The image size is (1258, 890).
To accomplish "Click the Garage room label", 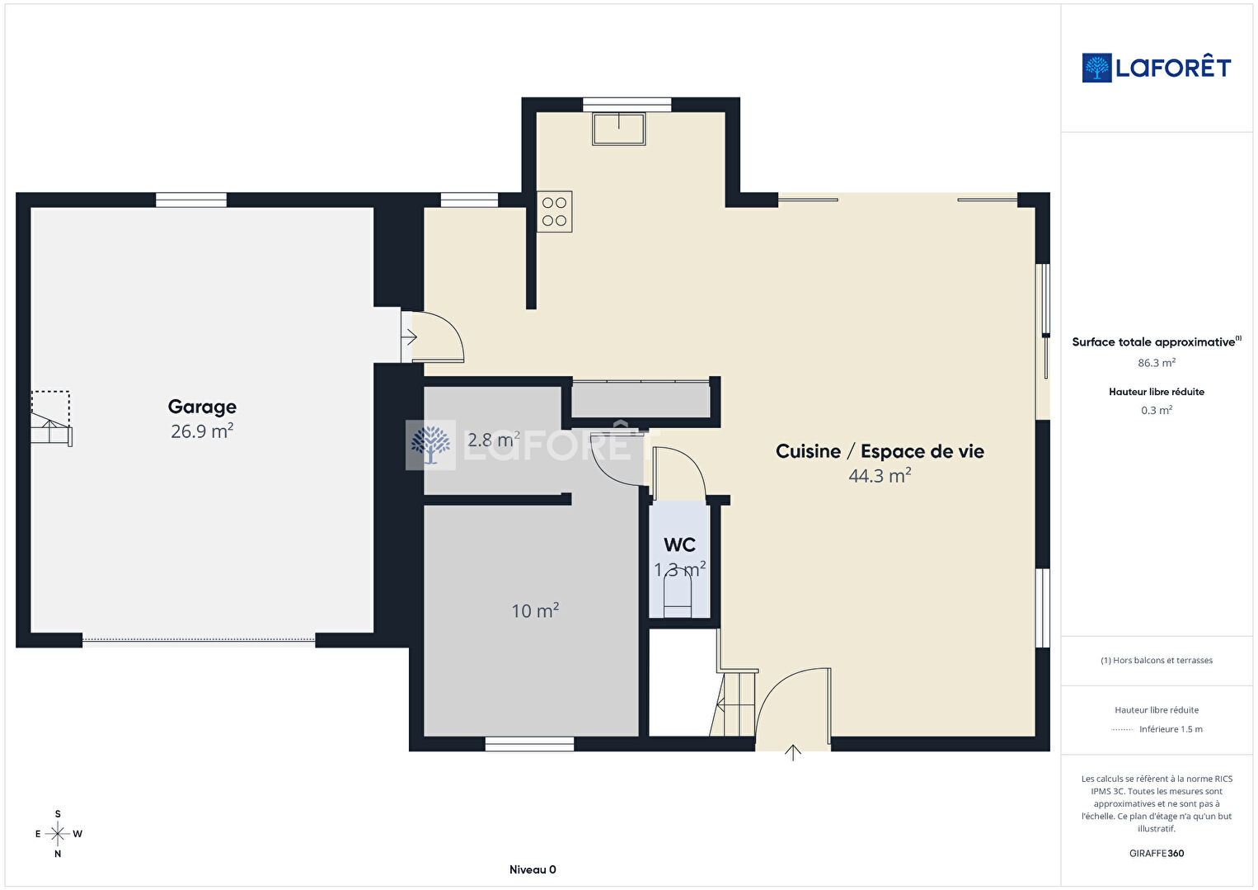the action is coord(202,407).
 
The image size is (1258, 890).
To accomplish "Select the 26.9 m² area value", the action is coord(202,431).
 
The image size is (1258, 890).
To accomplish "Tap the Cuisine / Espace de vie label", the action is coord(880,451).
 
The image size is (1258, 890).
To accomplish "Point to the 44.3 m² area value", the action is coord(880,475).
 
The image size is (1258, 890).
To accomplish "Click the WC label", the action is coord(679,544).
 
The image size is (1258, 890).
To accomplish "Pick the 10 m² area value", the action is coord(535,610).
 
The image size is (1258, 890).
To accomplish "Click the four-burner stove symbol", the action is coord(554,212).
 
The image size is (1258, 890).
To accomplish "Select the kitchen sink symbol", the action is coord(619,129).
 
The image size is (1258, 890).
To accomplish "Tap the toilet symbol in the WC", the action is coord(678,598).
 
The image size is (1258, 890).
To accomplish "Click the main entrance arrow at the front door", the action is coord(792,753).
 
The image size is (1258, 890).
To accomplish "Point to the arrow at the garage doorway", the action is coord(409,337).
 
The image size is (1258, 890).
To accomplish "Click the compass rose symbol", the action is coord(58,834).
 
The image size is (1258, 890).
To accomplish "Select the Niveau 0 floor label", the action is coord(533,869).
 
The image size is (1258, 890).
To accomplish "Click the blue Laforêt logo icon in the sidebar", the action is coord(1096,68).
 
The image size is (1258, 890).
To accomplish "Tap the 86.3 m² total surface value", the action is coord(1157,362).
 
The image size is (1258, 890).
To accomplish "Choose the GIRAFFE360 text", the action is coord(1157,853).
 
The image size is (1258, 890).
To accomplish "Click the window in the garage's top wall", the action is coord(191,200).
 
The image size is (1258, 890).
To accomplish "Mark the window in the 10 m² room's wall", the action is coord(529,744).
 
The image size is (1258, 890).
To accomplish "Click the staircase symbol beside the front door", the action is coord(734,702).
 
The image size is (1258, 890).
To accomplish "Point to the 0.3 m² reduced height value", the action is coord(1157,410).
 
